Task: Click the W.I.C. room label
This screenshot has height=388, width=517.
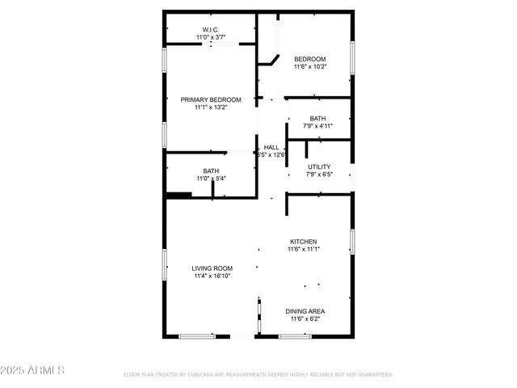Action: (210, 30)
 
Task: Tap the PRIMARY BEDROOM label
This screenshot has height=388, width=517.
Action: (211, 99)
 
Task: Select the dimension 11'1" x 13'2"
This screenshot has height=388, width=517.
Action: (211, 107)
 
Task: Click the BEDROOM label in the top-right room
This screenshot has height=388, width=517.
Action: (309, 59)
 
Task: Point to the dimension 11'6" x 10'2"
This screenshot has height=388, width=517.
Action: (309, 66)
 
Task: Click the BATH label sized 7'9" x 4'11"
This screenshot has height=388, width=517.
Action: (317, 119)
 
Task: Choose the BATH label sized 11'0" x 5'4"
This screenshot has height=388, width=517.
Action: (211, 171)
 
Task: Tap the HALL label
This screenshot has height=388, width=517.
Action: (271, 147)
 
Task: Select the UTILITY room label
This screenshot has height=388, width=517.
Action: (319, 167)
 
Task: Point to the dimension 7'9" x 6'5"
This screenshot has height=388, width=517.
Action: (319, 174)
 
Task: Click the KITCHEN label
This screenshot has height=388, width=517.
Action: (304, 242)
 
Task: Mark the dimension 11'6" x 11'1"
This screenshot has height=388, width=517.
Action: (304, 249)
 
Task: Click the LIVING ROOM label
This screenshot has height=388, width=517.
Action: (212, 268)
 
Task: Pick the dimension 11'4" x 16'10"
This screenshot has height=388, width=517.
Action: (212, 276)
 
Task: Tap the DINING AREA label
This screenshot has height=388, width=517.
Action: (305, 311)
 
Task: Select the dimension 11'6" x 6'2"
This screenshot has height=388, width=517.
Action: (305, 318)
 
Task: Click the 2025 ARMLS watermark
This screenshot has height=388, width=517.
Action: (33, 370)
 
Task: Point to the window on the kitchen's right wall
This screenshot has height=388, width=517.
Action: (352, 241)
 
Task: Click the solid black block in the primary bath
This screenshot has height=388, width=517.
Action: (179, 195)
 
